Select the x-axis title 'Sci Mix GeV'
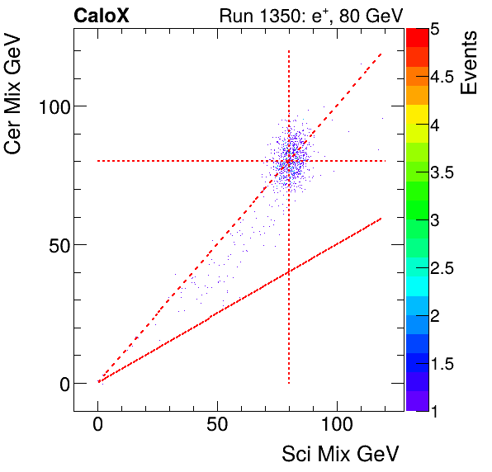coord(342,453)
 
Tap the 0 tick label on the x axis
coord(98,427)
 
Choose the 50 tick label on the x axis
coord(217,427)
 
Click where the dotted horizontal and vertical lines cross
coord(289,161)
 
